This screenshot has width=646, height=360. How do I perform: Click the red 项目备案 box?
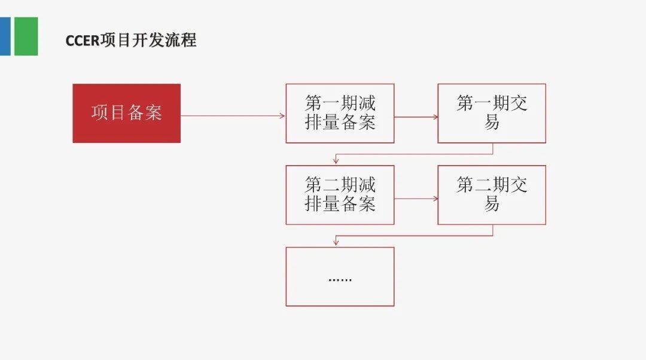pyautogui.click(x=126, y=113)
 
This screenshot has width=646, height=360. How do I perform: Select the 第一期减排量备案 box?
pyautogui.click(x=340, y=113)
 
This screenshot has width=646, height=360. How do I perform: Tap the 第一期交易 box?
pyautogui.click(x=492, y=113)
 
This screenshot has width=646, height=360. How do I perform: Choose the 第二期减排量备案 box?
pyautogui.click(x=340, y=195)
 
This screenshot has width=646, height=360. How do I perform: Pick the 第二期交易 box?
pyautogui.click(x=492, y=195)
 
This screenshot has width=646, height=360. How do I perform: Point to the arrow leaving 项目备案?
pyautogui.click(x=233, y=116)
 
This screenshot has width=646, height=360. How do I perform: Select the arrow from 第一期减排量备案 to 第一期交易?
pyautogui.click(x=416, y=117)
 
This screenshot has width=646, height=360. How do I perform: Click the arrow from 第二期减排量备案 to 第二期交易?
pyautogui.click(x=416, y=199)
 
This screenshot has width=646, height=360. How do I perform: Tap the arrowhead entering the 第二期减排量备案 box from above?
pyautogui.click(x=336, y=160)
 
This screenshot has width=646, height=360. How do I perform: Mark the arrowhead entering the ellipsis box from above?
pyautogui.click(x=336, y=242)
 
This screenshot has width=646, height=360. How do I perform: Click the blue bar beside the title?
pyautogui.click(x=5, y=36)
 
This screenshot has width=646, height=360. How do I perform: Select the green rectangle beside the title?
pyautogui.click(x=26, y=36)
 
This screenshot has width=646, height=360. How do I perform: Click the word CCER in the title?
pyautogui.click(x=83, y=41)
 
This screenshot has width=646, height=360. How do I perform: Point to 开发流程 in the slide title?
pyautogui.click(x=164, y=40)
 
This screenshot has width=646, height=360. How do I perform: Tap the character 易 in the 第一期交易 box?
pyautogui.click(x=492, y=123)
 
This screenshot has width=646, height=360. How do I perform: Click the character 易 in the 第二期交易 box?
pyautogui.click(x=492, y=204)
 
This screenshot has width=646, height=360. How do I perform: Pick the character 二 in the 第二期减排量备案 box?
pyautogui.click(x=331, y=185)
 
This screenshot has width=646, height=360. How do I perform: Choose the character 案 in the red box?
pyautogui.click(x=153, y=113)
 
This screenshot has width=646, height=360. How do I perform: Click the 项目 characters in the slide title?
pyautogui.click(x=116, y=40)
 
